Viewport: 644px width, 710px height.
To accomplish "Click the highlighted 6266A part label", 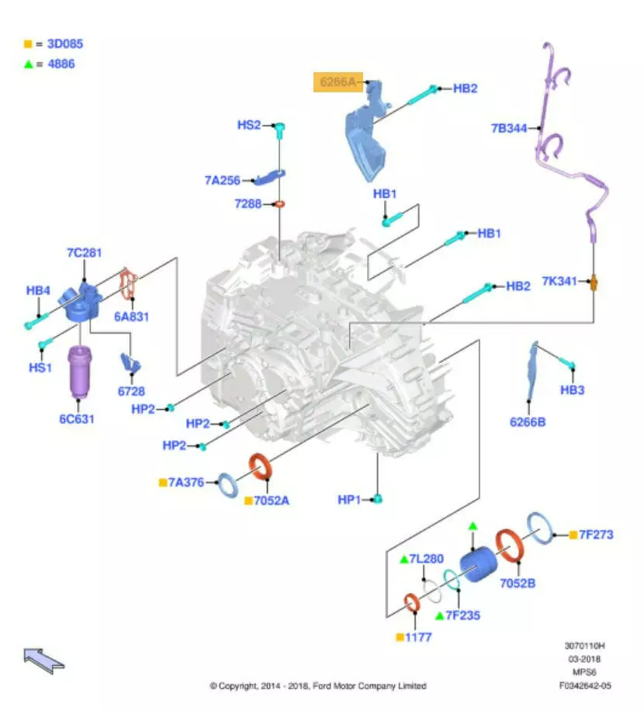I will pos(338,81).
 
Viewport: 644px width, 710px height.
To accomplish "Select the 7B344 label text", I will pos(509,127).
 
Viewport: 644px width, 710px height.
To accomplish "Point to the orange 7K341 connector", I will pos(595,281).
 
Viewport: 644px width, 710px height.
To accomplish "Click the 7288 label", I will pos(248,204).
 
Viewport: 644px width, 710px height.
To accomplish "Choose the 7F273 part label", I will pos(597,535).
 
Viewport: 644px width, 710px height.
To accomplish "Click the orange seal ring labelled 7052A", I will pos(261,468).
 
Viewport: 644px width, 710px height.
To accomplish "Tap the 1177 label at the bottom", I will pos(419,637).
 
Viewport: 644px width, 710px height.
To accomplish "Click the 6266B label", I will pos(528,422).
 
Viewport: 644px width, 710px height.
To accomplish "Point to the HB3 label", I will pos(572,390).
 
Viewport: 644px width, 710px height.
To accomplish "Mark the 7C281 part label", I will pos(84,253).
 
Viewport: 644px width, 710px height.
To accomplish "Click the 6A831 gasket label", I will pos(132,316).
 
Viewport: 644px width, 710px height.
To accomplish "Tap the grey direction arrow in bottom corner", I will pos(43,660).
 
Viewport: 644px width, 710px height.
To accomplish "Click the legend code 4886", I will pos(61,64).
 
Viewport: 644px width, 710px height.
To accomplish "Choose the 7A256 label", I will pos(223,180).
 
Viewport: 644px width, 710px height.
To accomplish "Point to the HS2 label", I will pos(249,124).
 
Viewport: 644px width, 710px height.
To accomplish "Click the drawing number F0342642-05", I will pos(584,685).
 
